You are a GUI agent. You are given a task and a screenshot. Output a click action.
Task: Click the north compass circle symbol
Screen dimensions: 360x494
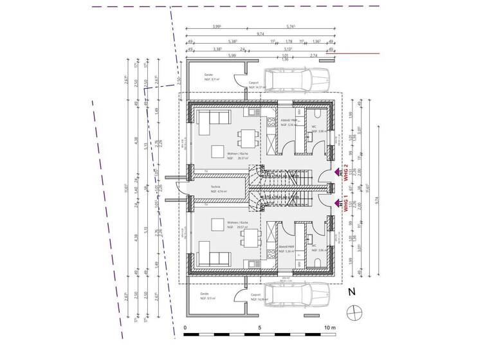(352, 313)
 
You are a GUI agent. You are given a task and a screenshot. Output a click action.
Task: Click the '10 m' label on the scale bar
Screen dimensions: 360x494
(329, 328)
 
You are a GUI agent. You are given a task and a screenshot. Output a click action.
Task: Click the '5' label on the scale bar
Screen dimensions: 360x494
(259, 328)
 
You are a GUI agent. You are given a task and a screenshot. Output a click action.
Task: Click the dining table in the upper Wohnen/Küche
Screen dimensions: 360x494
(244, 139)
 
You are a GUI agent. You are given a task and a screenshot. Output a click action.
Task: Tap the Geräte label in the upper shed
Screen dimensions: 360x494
(208, 75)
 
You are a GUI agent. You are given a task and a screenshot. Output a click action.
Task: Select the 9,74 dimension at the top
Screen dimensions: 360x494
(260, 34)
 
